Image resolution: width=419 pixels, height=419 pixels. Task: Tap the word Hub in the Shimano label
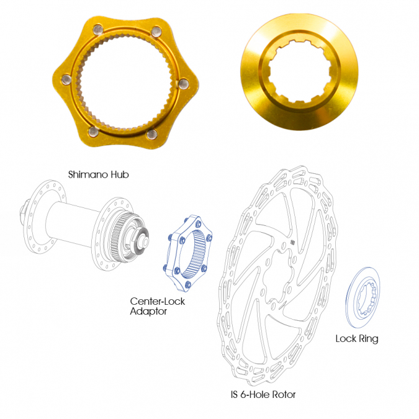coord(120,174)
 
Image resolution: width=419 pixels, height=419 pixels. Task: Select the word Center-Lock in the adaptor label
coord(158,302)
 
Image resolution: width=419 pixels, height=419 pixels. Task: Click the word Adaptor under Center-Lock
coord(148,312)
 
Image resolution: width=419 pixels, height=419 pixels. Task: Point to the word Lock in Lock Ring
coord(346,338)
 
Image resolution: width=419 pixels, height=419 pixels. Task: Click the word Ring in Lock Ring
coord(368,339)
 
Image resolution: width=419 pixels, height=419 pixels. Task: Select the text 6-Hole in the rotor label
coord(255,394)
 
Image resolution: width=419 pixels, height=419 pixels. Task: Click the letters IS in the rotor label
coord(234,394)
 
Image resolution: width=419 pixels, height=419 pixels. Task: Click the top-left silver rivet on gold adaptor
coord(98,29)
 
